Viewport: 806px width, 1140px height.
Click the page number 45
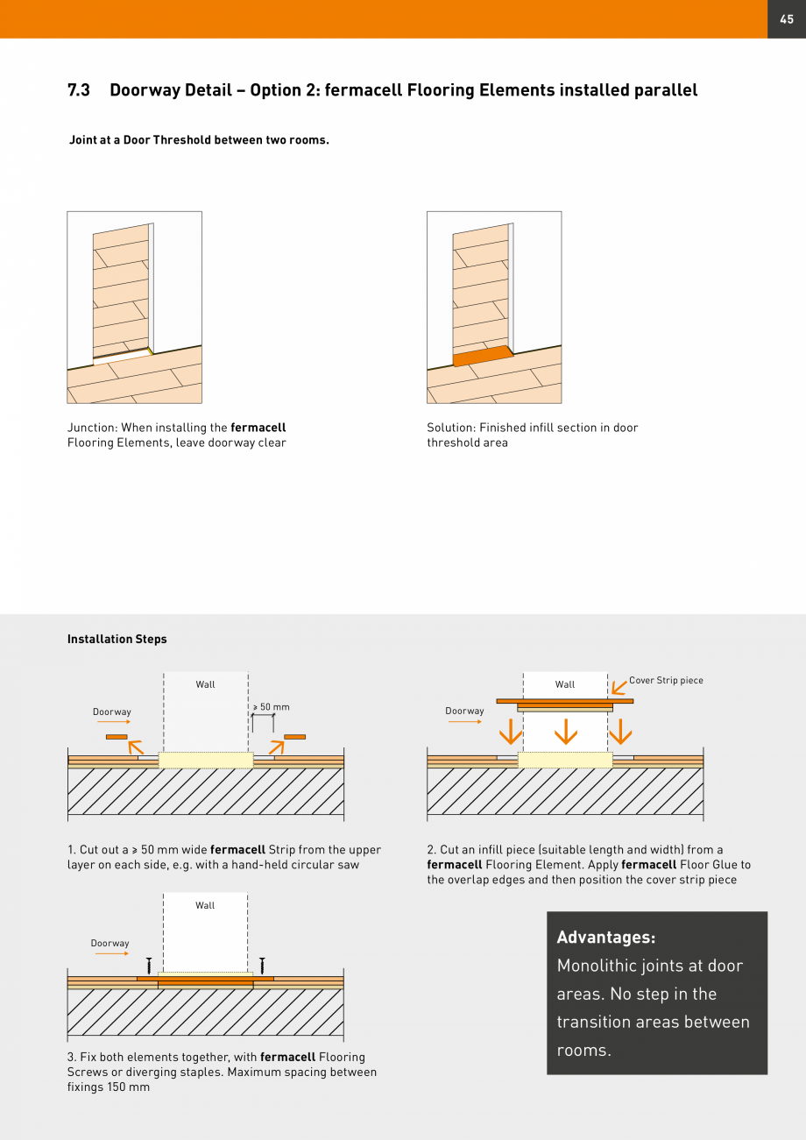[786, 19]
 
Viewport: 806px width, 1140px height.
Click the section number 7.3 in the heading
[79, 90]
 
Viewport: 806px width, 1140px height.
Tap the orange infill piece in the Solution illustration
[483, 356]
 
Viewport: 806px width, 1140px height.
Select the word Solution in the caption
[450, 428]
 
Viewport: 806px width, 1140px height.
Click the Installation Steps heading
[117, 639]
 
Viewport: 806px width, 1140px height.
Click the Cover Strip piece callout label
[666, 680]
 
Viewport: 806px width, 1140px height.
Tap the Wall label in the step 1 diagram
[205, 684]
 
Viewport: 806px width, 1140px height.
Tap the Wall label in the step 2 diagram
[565, 684]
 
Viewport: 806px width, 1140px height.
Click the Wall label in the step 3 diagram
[205, 905]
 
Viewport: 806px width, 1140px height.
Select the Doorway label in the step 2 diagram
[464, 711]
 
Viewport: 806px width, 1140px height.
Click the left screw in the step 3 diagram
[149, 965]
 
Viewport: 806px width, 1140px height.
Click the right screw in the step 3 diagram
[262, 965]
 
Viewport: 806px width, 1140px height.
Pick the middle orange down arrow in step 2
[566, 732]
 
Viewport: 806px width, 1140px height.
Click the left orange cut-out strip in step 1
[117, 737]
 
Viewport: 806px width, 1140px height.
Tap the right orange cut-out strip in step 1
[294, 737]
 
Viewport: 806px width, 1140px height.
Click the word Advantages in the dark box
[605, 938]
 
